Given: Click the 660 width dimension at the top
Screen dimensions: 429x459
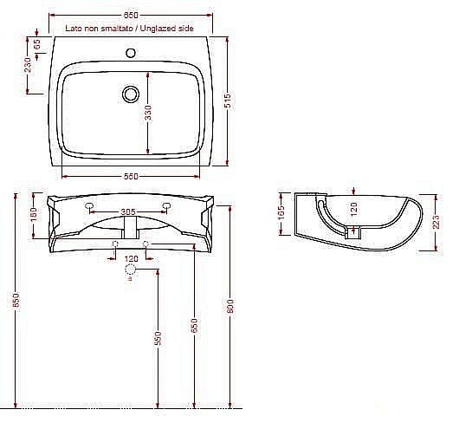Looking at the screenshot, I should [x=131, y=16].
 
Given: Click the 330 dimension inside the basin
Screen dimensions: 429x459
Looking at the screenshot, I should [x=147, y=113].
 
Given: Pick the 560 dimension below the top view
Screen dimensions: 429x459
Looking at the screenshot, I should [x=131, y=176].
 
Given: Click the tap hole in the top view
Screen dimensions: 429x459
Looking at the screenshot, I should [x=132, y=53].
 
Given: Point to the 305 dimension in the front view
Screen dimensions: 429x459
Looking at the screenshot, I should [x=127, y=211].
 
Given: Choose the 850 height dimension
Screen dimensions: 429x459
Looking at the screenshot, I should [x=15, y=301].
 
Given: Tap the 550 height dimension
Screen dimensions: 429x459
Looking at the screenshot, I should [x=158, y=338].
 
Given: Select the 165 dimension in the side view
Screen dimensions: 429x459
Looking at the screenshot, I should [x=281, y=213].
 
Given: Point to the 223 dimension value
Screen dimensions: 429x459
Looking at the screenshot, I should [x=436, y=223].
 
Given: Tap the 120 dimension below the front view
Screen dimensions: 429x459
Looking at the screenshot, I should [x=132, y=259].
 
